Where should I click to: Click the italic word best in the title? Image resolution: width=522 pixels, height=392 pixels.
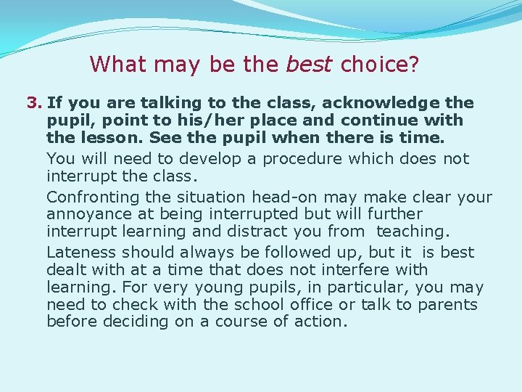click(x=310, y=65)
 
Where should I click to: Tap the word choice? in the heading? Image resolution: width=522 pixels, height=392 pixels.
click(x=380, y=65)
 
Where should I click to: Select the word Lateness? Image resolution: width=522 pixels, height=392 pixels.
click(x=81, y=253)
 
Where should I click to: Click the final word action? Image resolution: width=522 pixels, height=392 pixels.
click(x=320, y=322)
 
